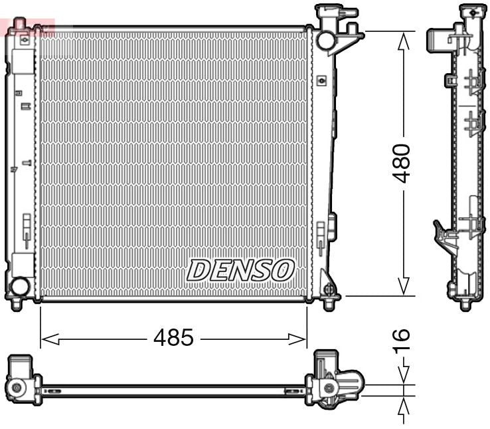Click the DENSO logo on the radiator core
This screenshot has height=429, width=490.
tap(240, 269)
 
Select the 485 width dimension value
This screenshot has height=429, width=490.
tap(173, 339)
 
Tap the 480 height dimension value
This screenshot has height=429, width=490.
tap(402, 162)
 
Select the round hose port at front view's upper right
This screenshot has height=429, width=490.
tap(326, 40)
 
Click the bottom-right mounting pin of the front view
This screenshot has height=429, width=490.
tap(329, 304)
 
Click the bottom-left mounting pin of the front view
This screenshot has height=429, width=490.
tap(16, 304)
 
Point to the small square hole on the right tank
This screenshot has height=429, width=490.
tap(322, 81)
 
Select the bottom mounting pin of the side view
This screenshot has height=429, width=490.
tap(465, 304)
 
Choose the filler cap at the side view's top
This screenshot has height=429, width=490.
tap(472, 11)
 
